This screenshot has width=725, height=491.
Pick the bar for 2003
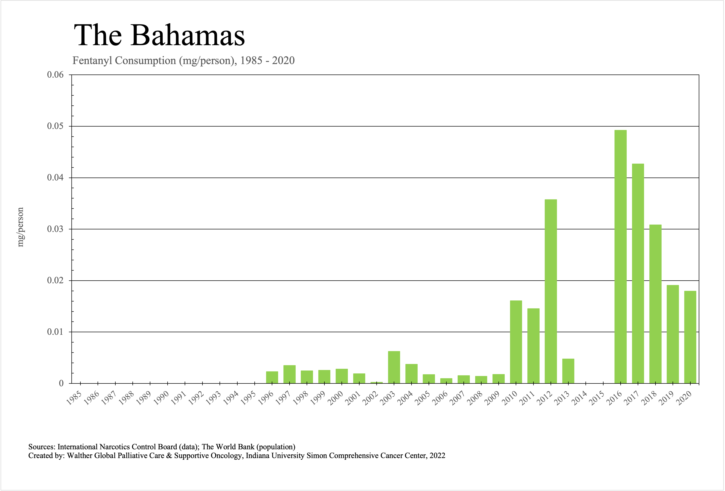[x=394, y=367]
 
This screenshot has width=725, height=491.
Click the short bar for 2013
[x=568, y=371]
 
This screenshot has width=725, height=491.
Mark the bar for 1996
[x=272, y=377]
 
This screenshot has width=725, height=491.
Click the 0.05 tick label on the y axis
[x=55, y=126]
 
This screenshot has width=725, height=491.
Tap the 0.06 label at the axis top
[x=55, y=75]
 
